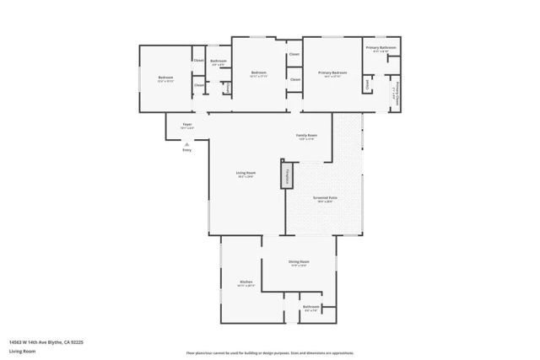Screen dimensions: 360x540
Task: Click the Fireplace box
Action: [287, 175]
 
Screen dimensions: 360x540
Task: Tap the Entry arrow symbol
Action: [187, 143]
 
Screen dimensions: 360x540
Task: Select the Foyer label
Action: [187, 124]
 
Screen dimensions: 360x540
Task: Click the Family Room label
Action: [306, 135]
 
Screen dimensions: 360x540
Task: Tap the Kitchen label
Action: [246, 282]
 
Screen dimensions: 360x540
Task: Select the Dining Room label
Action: [300, 261]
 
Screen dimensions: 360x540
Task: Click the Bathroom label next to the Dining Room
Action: [311, 306]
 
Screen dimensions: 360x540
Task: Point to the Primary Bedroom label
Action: [332, 73]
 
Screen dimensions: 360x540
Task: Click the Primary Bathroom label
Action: [381, 48]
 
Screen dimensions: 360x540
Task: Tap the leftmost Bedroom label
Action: [165, 78]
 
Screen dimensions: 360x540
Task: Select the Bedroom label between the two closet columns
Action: [258, 73]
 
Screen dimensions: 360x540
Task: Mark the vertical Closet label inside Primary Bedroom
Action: [368, 85]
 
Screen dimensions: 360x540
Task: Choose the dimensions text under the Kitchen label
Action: [246, 286]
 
